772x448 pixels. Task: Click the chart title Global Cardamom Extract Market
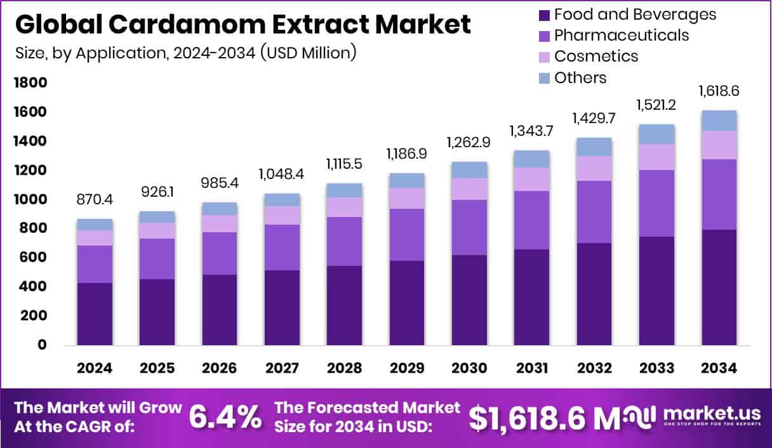(243, 25)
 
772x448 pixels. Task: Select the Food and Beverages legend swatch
(543, 15)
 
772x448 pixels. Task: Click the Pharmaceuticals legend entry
(621, 35)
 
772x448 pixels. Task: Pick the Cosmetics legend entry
(596, 56)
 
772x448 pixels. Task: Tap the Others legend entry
(580, 77)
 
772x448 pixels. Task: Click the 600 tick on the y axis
(33, 258)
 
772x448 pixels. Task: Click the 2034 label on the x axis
(719, 369)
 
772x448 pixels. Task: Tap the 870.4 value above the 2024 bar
(95, 201)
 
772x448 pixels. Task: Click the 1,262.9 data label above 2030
(470, 142)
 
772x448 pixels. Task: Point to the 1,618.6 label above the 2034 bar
(719, 91)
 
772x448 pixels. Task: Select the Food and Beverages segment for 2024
(95, 313)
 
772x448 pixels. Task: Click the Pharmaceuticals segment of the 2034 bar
(719, 194)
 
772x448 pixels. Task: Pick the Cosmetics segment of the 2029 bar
(407, 198)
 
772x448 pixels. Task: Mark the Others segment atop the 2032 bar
(594, 147)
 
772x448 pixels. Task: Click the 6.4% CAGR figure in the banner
(225, 416)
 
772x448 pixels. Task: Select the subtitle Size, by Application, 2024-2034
(185, 53)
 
